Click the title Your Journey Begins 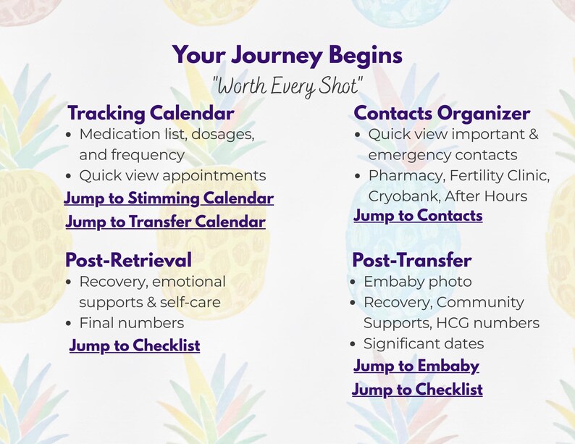[287, 55]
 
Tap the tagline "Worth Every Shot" [287, 86]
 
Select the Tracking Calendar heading [151, 114]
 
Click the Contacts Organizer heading [442, 114]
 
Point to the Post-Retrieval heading [128, 260]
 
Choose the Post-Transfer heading [411, 260]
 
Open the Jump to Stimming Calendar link [169, 198]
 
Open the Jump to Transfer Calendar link [165, 222]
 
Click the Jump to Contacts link [418, 216]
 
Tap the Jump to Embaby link [416, 366]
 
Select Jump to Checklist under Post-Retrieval [135, 346]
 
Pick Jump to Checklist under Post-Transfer [417, 390]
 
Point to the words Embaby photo [417, 282]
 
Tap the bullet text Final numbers [131, 323]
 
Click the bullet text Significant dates [424, 344]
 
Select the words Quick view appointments [172, 175]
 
